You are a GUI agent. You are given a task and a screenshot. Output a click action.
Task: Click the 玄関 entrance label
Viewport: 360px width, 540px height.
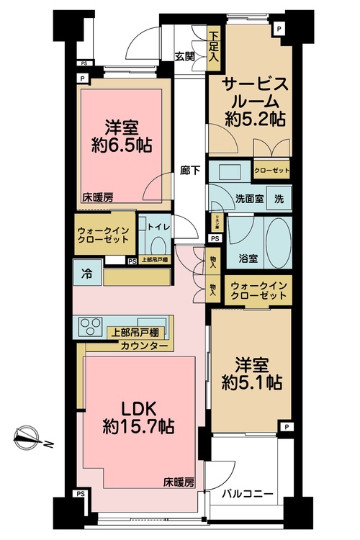tap(184, 56)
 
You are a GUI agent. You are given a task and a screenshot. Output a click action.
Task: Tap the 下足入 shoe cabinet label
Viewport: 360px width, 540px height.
tap(213, 48)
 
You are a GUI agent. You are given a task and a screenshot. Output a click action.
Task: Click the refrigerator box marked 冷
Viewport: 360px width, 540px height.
tap(86, 273)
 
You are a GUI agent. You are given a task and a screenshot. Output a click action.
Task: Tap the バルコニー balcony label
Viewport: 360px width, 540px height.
tap(248, 495)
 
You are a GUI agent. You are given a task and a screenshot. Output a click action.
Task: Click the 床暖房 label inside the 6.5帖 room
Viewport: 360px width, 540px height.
tap(97, 196)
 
